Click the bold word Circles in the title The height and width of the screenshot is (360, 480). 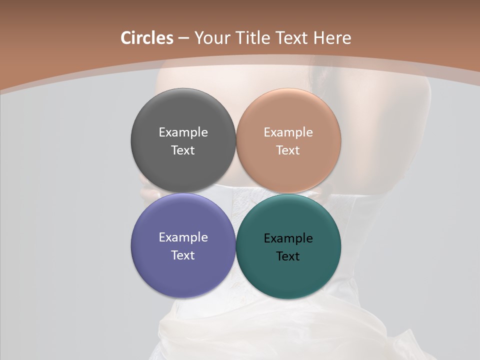(147, 38)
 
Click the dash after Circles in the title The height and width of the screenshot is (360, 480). (183, 38)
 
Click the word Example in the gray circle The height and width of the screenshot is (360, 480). (183, 132)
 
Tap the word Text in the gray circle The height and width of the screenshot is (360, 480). (183, 150)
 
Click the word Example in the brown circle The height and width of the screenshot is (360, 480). (288, 132)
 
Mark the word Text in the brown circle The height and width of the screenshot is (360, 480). (288, 150)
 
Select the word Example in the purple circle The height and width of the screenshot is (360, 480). (183, 237)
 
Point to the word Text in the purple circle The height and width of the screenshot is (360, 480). (183, 255)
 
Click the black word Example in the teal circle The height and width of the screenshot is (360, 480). (288, 238)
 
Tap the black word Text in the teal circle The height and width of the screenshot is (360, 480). (288, 256)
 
